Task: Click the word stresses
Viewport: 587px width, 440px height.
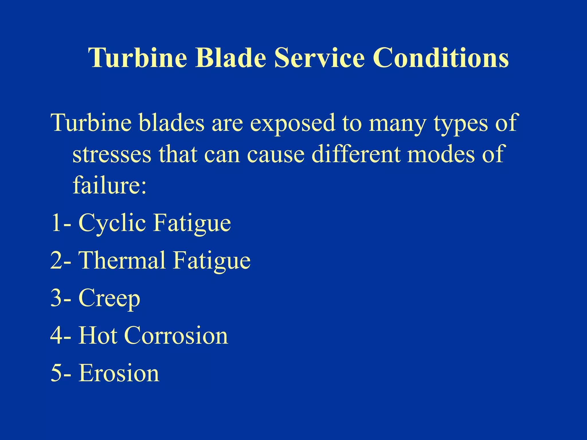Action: (112, 154)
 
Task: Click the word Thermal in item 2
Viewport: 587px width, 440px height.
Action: (122, 260)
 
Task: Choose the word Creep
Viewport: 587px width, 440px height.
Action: (109, 298)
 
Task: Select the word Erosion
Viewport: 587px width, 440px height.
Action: (119, 373)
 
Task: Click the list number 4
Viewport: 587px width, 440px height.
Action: (56, 336)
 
